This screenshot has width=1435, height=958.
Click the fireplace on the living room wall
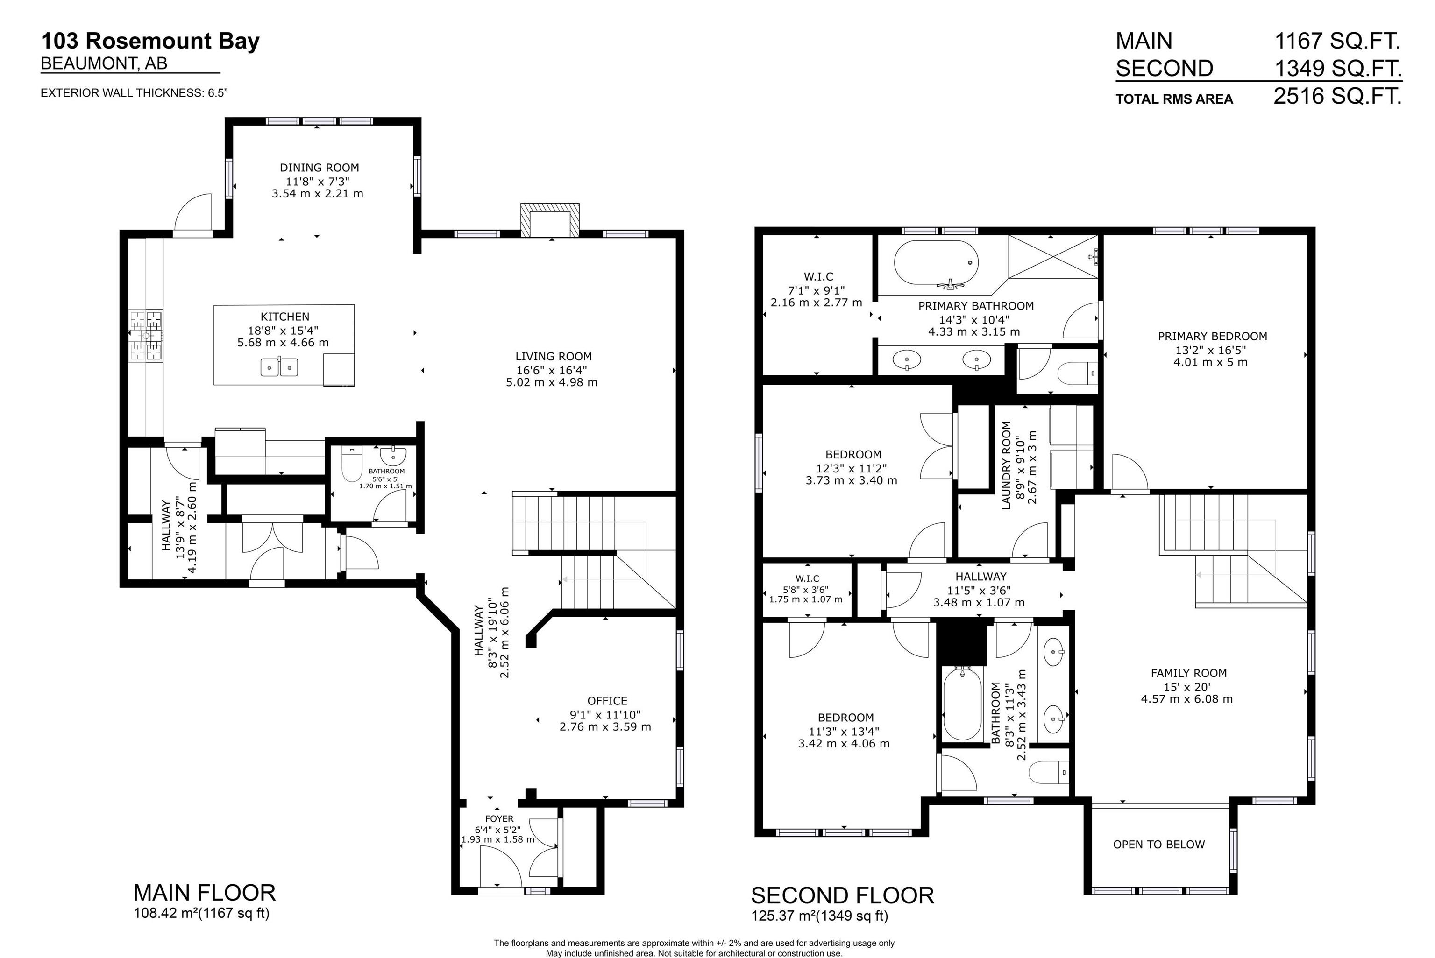549,220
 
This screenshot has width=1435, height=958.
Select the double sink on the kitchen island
279,367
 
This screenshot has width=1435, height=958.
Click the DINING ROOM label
319,168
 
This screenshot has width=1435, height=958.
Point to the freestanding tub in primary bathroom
936,263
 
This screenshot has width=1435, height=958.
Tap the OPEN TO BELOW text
1159,845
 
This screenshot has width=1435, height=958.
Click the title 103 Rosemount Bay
150,41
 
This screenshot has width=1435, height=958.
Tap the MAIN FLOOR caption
204,893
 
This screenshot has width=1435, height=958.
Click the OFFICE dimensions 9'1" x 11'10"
605,714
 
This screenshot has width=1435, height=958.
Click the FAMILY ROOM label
1188,673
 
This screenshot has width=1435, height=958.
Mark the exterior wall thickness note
134,93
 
